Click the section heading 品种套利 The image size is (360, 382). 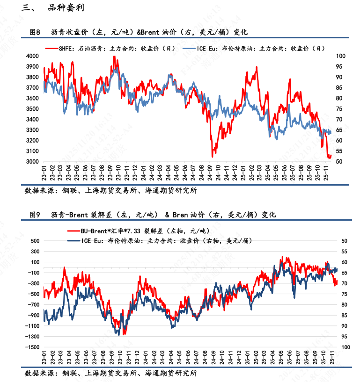[66, 8]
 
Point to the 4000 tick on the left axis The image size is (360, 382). [32, 56]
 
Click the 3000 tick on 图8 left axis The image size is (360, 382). [32, 162]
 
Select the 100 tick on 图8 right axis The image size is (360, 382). [341, 56]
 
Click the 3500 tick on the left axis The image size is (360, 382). [32, 109]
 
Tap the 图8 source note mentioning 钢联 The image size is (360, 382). [110, 191]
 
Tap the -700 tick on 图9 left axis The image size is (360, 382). [32, 305]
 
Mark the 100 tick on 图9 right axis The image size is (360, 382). [345, 347]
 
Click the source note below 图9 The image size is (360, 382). [110, 373]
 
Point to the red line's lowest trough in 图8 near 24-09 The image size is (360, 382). [213, 156]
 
